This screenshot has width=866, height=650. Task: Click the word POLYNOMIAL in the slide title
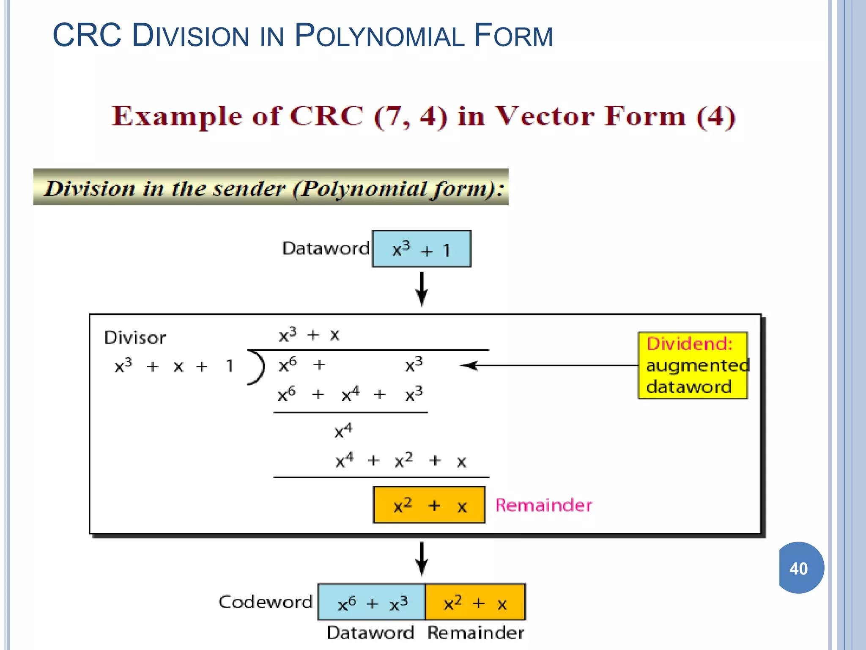click(x=379, y=36)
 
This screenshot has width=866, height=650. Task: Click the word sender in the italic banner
click(x=249, y=188)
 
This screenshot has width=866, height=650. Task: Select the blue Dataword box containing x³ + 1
click(x=421, y=249)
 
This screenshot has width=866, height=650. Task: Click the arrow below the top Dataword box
click(x=422, y=289)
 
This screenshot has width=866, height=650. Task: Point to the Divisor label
click(x=135, y=338)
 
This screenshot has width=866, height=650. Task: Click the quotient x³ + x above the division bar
click(x=309, y=335)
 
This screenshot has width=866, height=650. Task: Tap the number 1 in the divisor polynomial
click(x=229, y=366)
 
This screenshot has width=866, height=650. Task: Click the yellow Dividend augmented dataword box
click(x=693, y=366)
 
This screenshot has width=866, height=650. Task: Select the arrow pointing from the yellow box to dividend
click(x=550, y=366)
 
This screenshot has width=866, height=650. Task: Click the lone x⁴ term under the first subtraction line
click(x=343, y=431)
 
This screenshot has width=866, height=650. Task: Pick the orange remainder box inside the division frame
click(x=429, y=505)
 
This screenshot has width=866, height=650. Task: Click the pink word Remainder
click(x=543, y=505)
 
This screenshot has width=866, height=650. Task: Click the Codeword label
click(x=265, y=602)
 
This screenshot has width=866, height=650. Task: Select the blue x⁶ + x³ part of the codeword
click(x=372, y=603)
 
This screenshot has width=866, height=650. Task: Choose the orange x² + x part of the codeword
click(x=475, y=603)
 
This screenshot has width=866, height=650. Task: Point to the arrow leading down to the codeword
click(x=422, y=559)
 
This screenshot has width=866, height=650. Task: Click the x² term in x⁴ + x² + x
click(x=403, y=460)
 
